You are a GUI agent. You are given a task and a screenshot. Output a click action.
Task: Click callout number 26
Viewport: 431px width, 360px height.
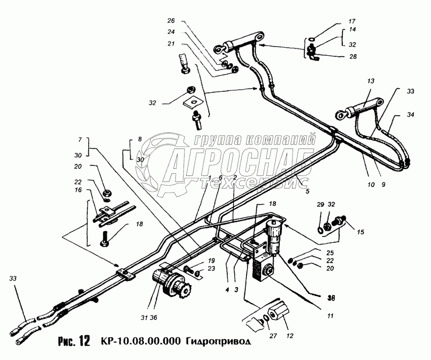pos(171,21)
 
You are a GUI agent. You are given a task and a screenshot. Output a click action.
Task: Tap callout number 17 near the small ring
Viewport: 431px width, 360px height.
pos(352,22)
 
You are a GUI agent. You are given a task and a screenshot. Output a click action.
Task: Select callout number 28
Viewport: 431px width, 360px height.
pos(352,56)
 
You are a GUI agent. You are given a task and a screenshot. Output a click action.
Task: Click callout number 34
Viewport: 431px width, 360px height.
pos(410,115)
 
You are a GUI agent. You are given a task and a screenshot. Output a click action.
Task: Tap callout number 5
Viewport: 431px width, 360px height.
pos(307,192)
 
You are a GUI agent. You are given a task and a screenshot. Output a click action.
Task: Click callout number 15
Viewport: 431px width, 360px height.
pos(360,232)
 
